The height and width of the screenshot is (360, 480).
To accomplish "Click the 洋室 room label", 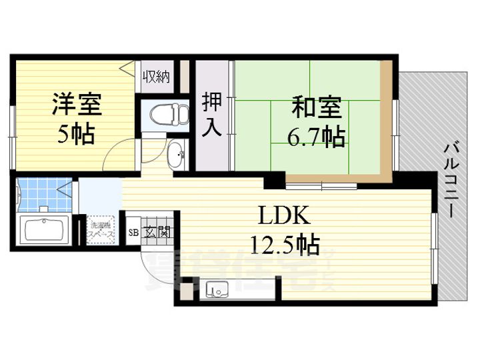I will tap(77, 105).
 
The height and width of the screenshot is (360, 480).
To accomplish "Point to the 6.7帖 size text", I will tap(316, 137).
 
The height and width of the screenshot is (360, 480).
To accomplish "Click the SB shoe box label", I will tap(133, 233).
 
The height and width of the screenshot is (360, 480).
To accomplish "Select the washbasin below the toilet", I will tap(176, 157).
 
